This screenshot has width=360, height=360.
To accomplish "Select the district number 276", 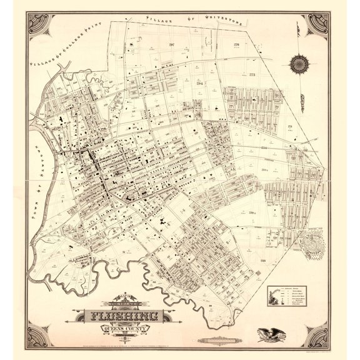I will coord(236,44).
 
